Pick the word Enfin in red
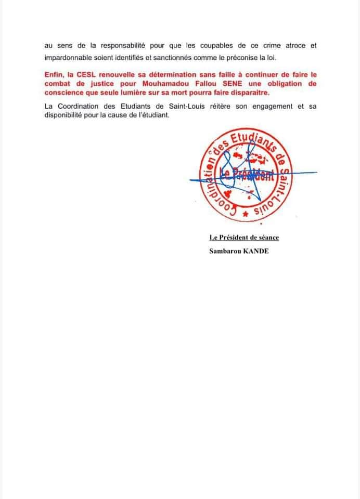[x=55, y=75]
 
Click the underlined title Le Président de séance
[x=244, y=238]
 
